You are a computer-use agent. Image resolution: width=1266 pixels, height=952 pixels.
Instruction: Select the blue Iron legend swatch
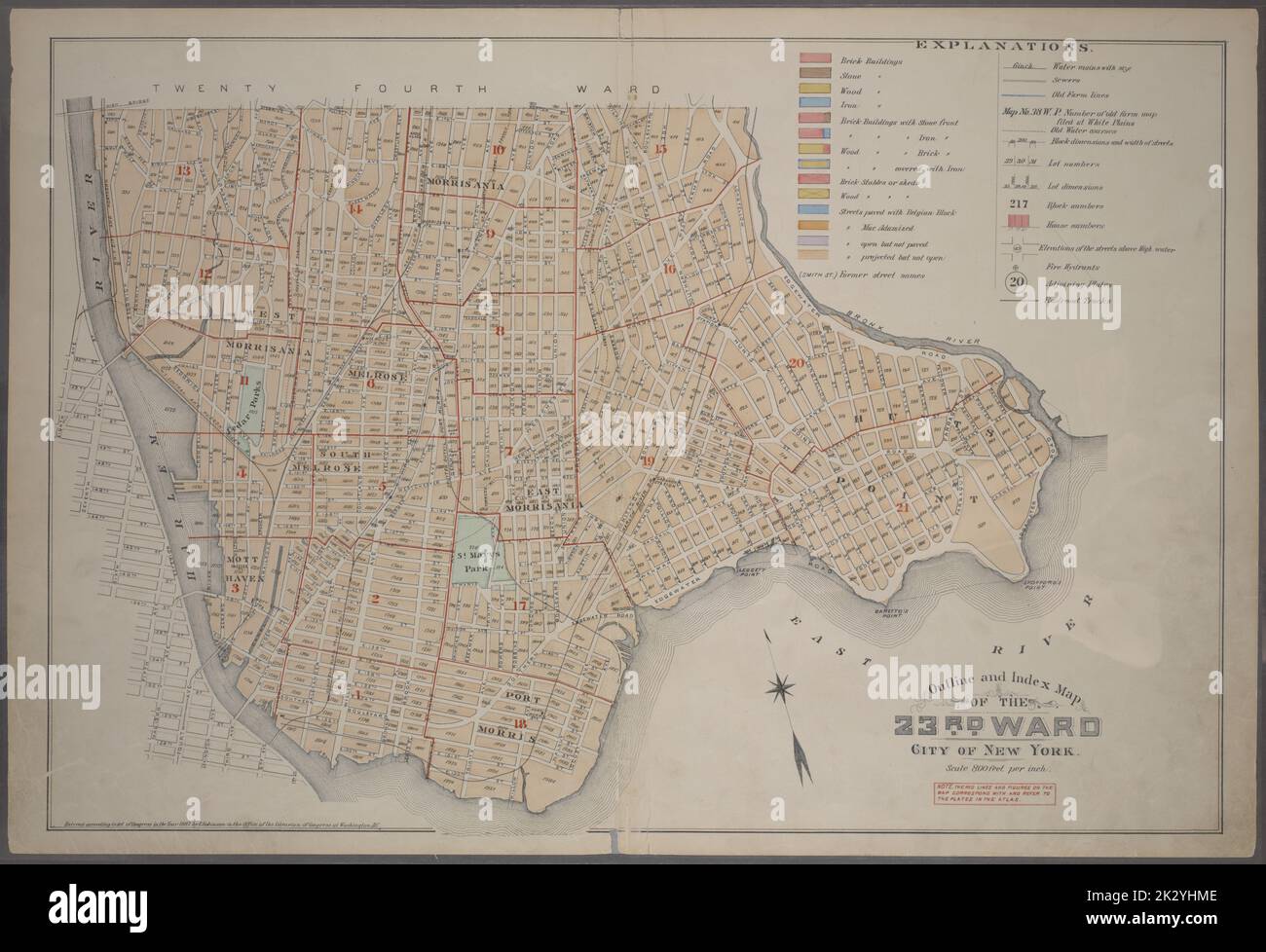click(813, 103)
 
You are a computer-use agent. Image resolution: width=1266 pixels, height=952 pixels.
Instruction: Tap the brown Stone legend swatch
click(813, 74)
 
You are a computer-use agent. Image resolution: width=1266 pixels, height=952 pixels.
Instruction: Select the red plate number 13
click(183, 172)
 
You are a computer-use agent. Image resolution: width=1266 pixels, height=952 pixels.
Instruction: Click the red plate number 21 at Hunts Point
click(903, 507)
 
